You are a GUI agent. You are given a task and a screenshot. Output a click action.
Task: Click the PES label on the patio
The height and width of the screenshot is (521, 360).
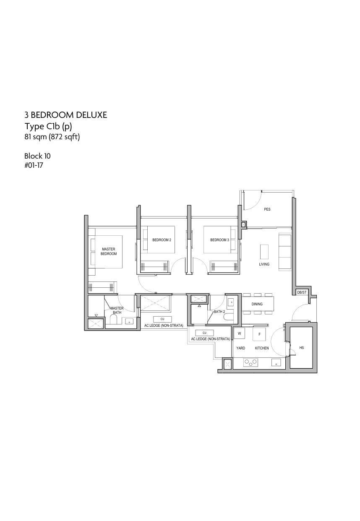(267, 209)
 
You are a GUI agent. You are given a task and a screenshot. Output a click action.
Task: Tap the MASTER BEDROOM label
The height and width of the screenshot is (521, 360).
(108, 251)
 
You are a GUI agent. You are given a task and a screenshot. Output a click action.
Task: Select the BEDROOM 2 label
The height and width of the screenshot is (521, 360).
(162, 240)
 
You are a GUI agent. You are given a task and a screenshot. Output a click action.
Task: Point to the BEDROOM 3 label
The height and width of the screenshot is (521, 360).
(219, 240)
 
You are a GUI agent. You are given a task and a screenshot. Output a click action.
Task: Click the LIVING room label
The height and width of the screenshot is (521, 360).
(264, 264)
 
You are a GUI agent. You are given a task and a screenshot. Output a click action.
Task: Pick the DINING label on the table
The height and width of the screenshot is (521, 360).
(257, 304)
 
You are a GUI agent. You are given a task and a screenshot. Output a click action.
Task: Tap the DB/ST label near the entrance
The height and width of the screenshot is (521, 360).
(302, 292)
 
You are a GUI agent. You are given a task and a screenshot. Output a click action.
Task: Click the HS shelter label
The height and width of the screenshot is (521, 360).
(301, 348)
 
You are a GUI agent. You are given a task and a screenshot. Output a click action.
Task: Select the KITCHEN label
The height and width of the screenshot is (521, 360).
(261, 348)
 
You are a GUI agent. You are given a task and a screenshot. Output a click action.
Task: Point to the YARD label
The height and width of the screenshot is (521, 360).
(240, 348)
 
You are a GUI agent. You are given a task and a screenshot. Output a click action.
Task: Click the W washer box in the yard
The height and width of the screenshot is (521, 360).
(239, 333)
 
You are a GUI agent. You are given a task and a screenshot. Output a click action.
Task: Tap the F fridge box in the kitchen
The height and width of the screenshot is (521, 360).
(259, 334)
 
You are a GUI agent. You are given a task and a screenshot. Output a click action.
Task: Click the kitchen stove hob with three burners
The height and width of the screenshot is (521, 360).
(250, 362)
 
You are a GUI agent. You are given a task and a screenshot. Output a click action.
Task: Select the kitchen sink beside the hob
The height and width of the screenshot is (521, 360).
(276, 362)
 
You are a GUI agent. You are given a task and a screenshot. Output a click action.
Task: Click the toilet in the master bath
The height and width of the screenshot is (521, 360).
(113, 321)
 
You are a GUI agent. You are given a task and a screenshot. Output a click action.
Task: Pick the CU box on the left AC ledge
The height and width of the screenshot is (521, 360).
(162, 319)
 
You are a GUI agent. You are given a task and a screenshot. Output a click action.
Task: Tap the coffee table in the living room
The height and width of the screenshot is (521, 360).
(264, 251)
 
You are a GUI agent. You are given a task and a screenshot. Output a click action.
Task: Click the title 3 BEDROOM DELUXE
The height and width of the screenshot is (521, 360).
(66, 115)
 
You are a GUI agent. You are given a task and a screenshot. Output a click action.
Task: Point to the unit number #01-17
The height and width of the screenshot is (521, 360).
(34, 165)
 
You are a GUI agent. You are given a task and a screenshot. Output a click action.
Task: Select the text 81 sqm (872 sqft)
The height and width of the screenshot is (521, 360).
(52, 137)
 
